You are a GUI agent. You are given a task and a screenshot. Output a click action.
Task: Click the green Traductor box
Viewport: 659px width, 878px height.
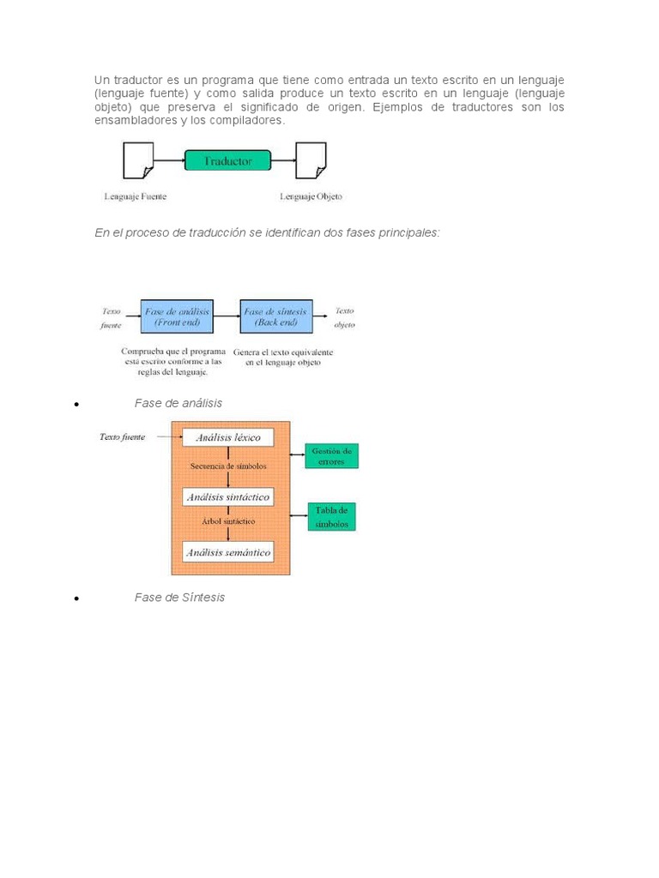227,161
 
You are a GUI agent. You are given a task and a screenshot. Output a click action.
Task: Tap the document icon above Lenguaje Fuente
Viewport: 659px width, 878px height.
138,160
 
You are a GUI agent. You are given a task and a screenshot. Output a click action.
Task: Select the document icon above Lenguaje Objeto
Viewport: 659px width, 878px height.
310,160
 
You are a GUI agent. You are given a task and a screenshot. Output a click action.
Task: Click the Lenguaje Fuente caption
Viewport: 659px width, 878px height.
136,196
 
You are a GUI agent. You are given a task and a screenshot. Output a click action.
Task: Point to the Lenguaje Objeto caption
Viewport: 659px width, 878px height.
311,196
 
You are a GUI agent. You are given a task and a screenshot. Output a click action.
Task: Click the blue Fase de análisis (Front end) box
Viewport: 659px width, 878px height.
177,317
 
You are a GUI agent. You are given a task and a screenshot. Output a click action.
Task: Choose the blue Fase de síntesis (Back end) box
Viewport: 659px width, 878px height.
276,317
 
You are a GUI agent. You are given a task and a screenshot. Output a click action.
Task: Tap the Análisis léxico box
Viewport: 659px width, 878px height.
228,437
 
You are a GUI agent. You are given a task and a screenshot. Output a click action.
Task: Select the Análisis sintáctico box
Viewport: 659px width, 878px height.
228,496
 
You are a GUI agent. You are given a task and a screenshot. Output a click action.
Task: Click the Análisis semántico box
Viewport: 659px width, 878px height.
228,552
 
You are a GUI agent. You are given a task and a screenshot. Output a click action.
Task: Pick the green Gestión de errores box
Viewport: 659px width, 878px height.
332,455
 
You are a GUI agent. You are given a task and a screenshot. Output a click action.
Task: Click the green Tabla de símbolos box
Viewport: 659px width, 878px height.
331,516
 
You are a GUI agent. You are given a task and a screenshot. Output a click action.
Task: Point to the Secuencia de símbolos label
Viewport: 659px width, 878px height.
228,466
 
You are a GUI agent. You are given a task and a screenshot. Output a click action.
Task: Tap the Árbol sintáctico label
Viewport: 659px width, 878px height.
228,521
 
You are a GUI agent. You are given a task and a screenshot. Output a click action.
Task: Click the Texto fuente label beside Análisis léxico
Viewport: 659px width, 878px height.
122,436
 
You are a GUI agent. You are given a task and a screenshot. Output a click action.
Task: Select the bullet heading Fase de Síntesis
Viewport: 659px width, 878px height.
179,597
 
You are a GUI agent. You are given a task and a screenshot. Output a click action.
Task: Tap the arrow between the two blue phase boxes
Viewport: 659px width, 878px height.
227,317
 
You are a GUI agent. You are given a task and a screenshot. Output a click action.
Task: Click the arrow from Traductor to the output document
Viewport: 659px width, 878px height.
283,160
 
